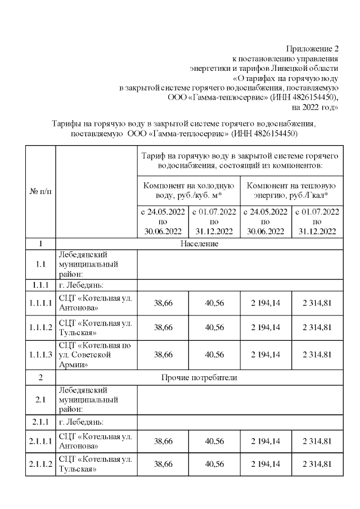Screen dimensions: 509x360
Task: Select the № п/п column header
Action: [x=40, y=192]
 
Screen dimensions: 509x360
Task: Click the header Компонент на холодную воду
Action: [x=188, y=191]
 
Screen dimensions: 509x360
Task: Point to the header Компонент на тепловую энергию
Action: [x=291, y=191]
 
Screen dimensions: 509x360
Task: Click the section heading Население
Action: [x=199, y=244]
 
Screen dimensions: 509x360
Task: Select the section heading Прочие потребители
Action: [x=199, y=377]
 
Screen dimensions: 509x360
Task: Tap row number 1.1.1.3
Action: [x=40, y=354]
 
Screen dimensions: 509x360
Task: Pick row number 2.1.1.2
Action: [x=40, y=464]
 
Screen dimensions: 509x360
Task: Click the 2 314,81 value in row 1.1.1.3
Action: [x=317, y=354]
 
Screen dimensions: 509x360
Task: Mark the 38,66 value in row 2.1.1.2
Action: [x=163, y=464]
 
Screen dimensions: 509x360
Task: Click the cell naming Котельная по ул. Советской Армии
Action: [x=96, y=354]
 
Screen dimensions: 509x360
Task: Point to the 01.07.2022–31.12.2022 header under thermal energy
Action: [x=317, y=222]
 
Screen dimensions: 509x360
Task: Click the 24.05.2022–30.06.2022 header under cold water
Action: [x=163, y=222]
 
